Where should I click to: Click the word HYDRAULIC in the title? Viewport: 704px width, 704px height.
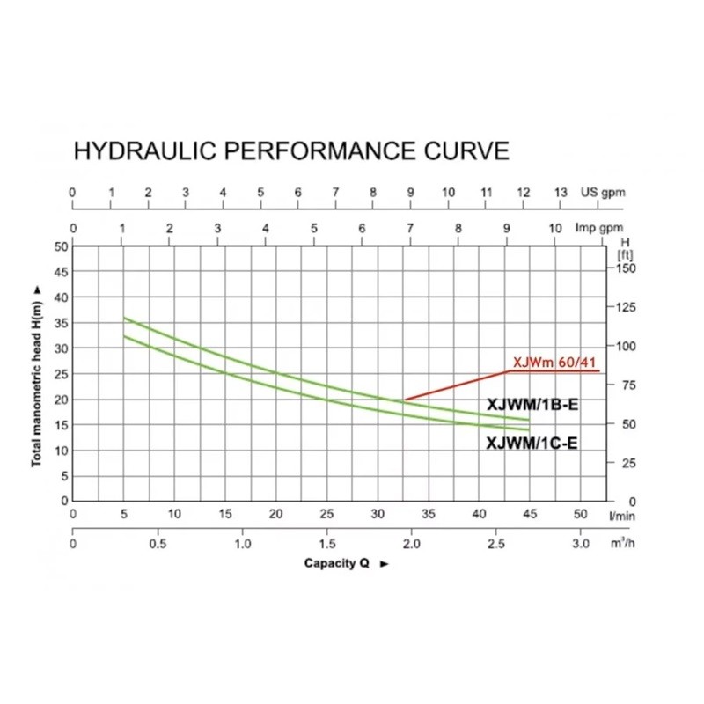pyautogui.click(x=144, y=150)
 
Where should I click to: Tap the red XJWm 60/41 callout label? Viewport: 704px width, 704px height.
pyautogui.click(x=555, y=362)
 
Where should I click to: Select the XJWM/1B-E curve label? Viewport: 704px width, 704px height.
pyautogui.click(x=532, y=405)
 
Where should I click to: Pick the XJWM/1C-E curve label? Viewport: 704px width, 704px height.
pyautogui.click(x=532, y=444)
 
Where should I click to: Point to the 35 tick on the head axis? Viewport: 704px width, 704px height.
pyautogui.click(x=61, y=323)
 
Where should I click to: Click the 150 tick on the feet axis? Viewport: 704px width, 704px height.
pyautogui.click(x=626, y=268)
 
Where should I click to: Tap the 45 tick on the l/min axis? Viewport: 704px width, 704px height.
pyautogui.click(x=530, y=513)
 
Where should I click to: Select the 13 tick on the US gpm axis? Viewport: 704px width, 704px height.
pyautogui.click(x=561, y=193)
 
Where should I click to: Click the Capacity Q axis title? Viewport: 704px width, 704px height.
pyautogui.click(x=337, y=563)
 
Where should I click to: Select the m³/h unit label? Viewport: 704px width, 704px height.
pyautogui.click(x=623, y=544)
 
